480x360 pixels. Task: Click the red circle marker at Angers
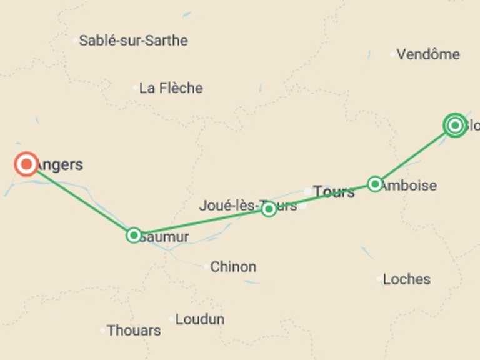pyautogui.click(x=26, y=164)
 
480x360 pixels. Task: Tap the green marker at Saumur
pyautogui.click(x=134, y=236)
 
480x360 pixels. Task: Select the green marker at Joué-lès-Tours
pyautogui.click(x=269, y=209)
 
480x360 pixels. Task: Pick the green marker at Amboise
pyautogui.click(x=375, y=184)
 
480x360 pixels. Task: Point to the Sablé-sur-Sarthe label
pyautogui.click(x=133, y=41)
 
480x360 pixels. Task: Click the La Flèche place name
pyautogui.click(x=171, y=88)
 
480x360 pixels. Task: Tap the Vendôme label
pyautogui.click(x=428, y=54)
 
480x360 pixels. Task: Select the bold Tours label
pyautogui.click(x=334, y=192)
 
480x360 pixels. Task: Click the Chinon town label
pyautogui.click(x=233, y=267)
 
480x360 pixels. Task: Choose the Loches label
pyautogui.click(x=406, y=279)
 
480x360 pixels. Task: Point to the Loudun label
pyautogui.click(x=200, y=319)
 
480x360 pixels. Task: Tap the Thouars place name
pyautogui.click(x=133, y=330)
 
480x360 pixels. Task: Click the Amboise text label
pyautogui.click(x=409, y=186)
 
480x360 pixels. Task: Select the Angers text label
pyautogui.click(x=61, y=165)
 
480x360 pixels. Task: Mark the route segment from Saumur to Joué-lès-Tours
pyautogui.click(x=200, y=222)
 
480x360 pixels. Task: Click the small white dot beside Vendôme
pyautogui.click(x=393, y=54)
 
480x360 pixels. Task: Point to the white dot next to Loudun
pyautogui.click(x=172, y=319)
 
